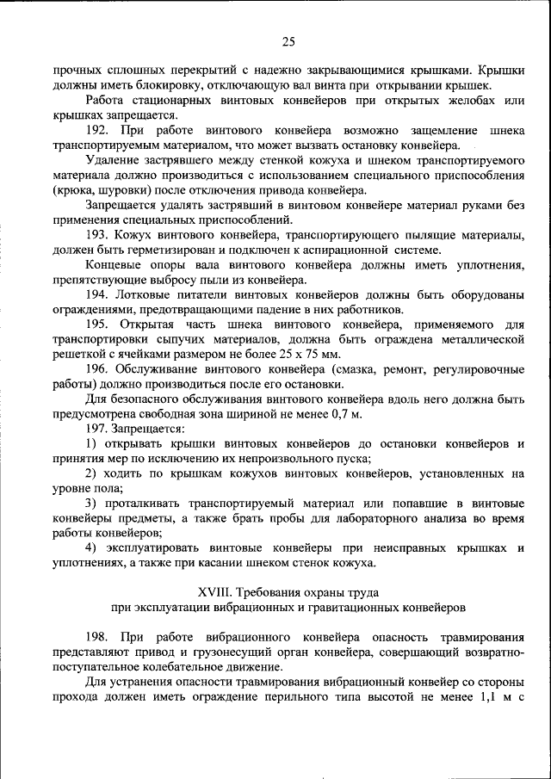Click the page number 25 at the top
[288, 41]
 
